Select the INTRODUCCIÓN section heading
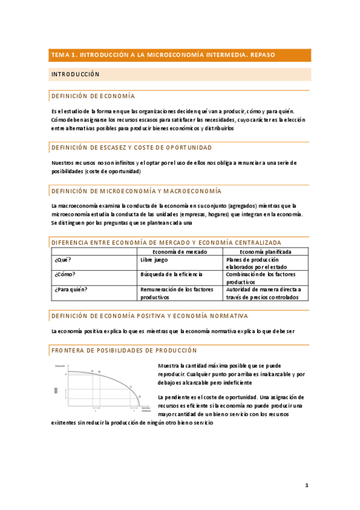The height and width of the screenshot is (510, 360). (75, 75)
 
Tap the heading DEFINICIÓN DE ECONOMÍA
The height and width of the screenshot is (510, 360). (93, 96)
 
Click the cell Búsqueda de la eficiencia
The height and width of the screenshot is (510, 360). (172, 274)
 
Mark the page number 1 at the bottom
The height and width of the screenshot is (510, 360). (306, 485)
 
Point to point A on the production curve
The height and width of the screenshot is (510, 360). (92, 371)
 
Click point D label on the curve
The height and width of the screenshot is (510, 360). (139, 396)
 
